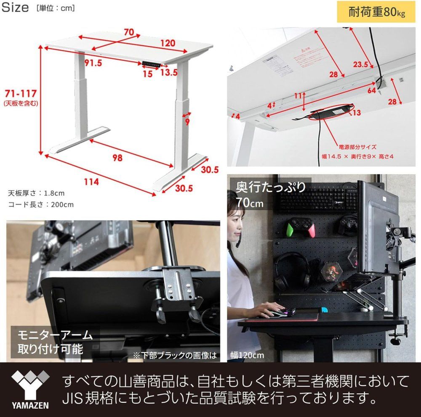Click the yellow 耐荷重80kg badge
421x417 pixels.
377,12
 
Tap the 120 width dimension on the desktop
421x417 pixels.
167,43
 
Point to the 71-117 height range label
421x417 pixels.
21,93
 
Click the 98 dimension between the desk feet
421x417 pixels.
118,158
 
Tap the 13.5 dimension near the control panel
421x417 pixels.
168,72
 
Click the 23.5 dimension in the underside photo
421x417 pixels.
360,64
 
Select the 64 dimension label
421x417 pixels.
371,89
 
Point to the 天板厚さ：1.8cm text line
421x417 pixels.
36,193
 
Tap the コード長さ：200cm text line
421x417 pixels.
41,205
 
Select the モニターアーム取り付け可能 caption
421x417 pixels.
55,342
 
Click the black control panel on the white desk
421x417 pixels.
152,64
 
